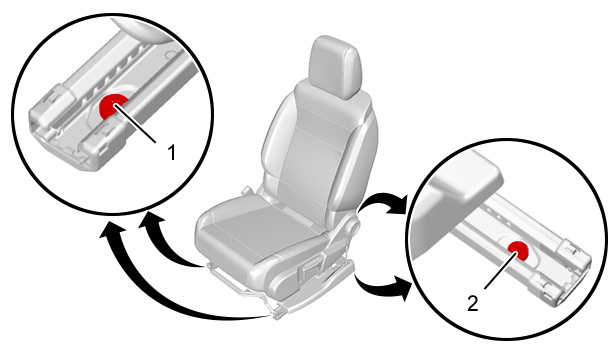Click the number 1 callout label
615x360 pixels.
171,152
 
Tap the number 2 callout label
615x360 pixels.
473,303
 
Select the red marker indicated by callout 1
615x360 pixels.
113,106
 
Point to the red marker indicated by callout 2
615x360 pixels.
518,251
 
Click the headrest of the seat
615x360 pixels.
335,67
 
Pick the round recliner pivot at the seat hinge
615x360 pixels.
352,226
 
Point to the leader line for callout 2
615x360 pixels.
501,270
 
